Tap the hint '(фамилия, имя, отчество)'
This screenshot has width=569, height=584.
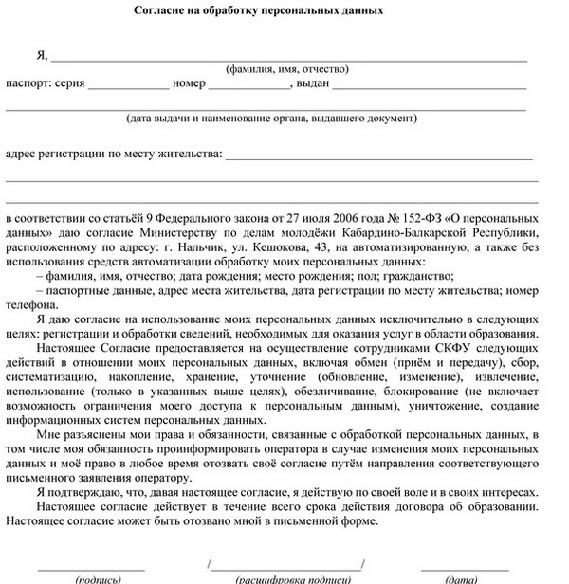pyautogui.click(x=287, y=69)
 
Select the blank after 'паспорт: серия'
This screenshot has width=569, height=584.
pyautogui.click(x=128, y=86)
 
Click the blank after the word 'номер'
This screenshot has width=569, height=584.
pyautogui.click(x=249, y=86)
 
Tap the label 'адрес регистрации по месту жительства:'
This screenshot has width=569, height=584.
pyautogui.click(x=113, y=153)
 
